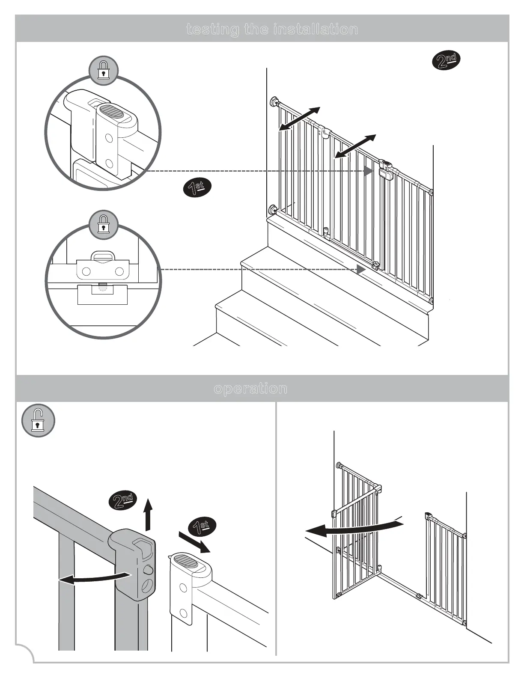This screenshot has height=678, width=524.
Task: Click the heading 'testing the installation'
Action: [x=272, y=29]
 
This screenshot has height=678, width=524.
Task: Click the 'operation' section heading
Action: [x=250, y=388]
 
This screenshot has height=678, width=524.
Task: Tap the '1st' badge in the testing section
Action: [x=197, y=187]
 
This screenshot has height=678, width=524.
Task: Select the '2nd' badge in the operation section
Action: [x=123, y=500]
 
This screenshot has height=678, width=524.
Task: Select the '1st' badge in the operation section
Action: [x=202, y=526]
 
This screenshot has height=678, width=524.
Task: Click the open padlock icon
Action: [x=38, y=420]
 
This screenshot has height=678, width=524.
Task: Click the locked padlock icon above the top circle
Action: [x=103, y=69]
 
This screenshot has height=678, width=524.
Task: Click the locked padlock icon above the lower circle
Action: [x=103, y=224]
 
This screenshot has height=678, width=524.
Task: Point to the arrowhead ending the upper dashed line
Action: [x=368, y=171]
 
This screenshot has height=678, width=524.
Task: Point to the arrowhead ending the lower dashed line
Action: [x=361, y=270]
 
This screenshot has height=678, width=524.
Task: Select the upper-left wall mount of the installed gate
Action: [x=274, y=102]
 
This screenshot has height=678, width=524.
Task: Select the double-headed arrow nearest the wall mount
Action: [x=299, y=119]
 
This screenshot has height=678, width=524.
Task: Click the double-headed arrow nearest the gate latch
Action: [x=355, y=146]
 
